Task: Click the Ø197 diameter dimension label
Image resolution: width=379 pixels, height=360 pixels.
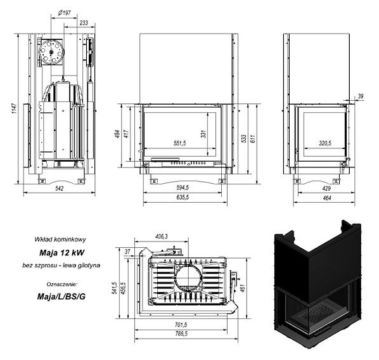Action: [x=64, y=12]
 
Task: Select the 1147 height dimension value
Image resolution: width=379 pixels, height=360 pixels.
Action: [x=15, y=108]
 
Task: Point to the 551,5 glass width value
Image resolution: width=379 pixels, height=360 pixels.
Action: [x=179, y=143]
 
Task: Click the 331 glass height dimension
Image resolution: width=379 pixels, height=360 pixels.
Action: [x=203, y=134]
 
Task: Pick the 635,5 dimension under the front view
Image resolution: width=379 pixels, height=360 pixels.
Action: [x=183, y=197]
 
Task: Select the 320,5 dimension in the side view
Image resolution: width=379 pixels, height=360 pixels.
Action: [x=325, y=143]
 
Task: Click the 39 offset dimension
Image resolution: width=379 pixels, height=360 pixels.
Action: [x=361, y=96]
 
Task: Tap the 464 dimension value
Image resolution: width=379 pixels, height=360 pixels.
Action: [x=327, y=198]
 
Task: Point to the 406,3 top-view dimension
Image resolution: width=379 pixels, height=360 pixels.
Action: [x=161, y=236]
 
